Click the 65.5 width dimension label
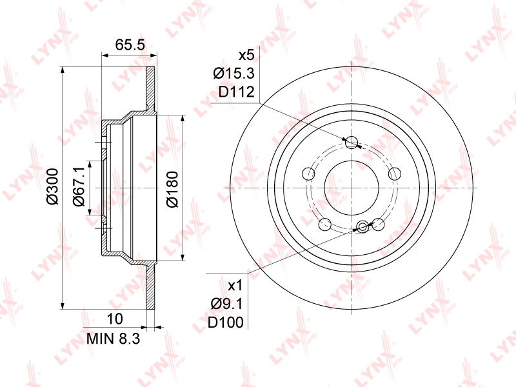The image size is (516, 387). click(130, 45)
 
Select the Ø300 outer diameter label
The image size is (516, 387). click(52, 186)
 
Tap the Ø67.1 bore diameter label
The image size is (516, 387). click(79, 186)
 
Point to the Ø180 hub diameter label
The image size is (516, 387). click(172, 189)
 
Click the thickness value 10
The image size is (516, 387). click(115, 319)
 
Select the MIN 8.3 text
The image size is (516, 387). click(113, 338)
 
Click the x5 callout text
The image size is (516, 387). click(246, 55)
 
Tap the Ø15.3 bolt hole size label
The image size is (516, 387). click(234, 74)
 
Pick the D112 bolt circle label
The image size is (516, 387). click(237, 92)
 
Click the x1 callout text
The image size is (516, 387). click(235, 285)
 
